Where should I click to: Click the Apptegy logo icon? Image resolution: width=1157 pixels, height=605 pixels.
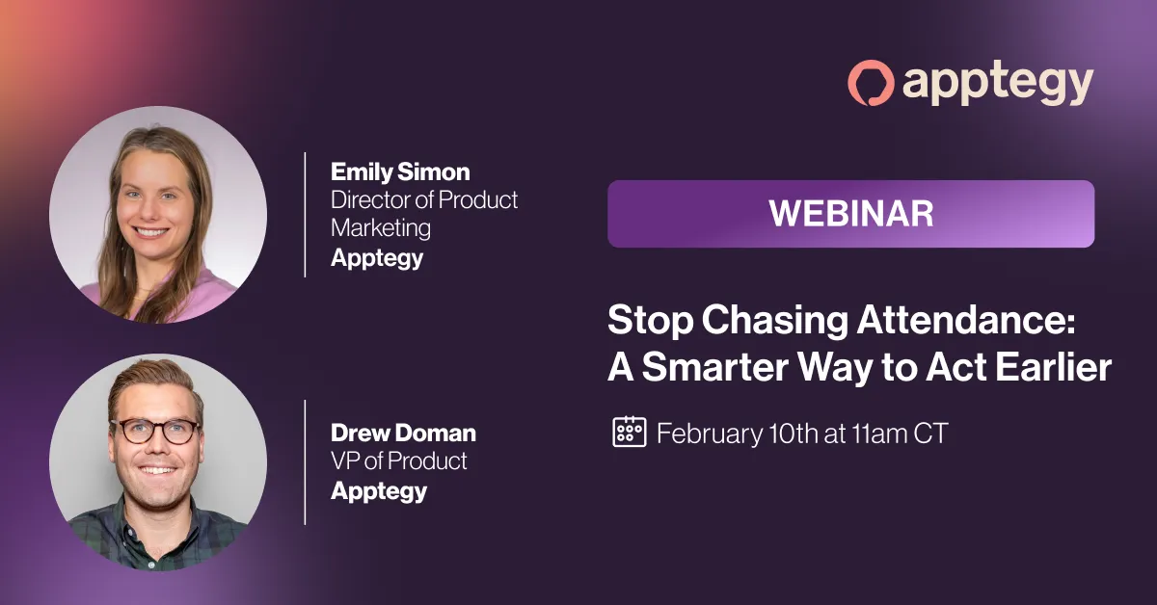point(871,83)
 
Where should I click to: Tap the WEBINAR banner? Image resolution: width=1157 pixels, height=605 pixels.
point(850,214)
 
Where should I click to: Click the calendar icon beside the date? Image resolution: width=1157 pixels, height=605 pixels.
point(629,432)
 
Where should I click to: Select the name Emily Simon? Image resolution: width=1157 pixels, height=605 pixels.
point(400,171)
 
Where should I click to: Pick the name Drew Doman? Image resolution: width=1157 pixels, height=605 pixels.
point(403,433)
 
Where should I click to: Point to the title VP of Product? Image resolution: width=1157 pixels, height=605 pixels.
point(399,460)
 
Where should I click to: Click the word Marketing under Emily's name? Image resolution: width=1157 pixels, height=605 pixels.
point(381,228)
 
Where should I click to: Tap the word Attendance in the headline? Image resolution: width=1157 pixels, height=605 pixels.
point(966,320)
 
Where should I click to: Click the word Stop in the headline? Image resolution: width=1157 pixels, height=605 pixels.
point(650,321)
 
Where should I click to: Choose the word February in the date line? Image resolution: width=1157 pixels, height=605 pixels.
point(710,434)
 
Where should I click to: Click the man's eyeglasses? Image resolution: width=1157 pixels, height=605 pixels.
point(155,431)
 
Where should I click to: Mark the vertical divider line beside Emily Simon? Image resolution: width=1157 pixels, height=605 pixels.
point(306,215)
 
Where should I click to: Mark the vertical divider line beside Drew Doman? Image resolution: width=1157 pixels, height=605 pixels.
point(306,462)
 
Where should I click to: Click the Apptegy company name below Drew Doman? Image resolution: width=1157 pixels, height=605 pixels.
point(379,491)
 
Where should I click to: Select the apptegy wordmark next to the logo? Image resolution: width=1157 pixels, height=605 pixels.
point(998,85)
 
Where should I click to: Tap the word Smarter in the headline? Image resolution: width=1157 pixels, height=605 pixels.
point(714,367)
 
